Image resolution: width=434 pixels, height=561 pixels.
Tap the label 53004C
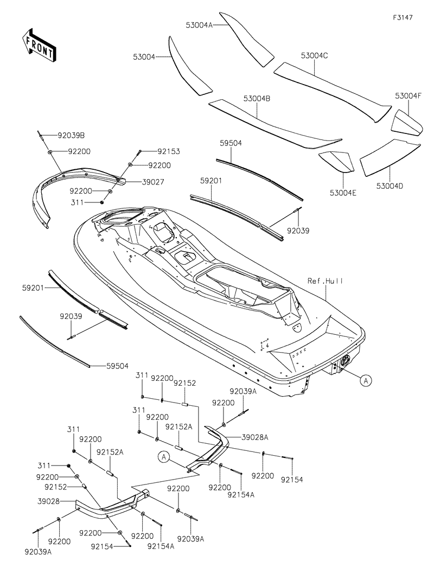315,55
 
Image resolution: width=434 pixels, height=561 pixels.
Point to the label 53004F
408,95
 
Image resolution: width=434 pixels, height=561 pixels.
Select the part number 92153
169,152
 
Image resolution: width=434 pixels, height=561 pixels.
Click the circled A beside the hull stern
366,381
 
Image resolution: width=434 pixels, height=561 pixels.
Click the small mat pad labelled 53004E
336,161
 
